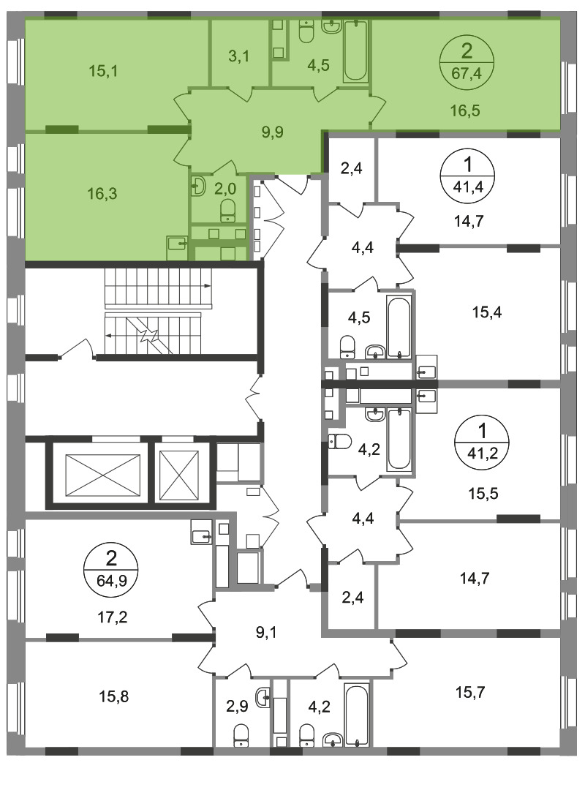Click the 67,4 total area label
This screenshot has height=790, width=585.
pyautogui.click(x=467, y=74)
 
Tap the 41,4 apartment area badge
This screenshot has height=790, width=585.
pyautogui.click(x=467, y=175)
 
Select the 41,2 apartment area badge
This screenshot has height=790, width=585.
pyautogui.click(x=482, y=441)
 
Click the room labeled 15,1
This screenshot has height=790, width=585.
pyautogui.click(x=103, y=71)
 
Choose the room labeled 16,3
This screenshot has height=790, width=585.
pyautogui.click(x=102, y=193)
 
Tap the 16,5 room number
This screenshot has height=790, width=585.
pyautogui.click(x=465, y=110)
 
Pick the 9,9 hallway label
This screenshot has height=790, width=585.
pyautogui.click(x=272, y=132)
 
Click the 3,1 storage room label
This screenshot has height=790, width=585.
pyautogui.click(x=239, y=56)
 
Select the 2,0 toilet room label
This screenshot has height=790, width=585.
pyautogui.click(x=225, y=188)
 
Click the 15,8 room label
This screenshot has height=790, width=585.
pyautogui.click(x=114, y=696)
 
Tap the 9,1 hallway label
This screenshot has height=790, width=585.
pyautogui.click(x=266, y=632)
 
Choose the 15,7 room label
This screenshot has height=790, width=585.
pyautogui.click(x=471, y=692)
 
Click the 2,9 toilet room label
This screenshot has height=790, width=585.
pyautogui.click(x=237, y=707)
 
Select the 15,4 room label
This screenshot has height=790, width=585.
pyautogui.click(x=487, y=312)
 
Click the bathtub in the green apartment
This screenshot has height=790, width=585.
pyautogui.click(x=355, y=51)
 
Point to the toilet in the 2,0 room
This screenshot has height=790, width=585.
pyautogui.click(x=228, y=210)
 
